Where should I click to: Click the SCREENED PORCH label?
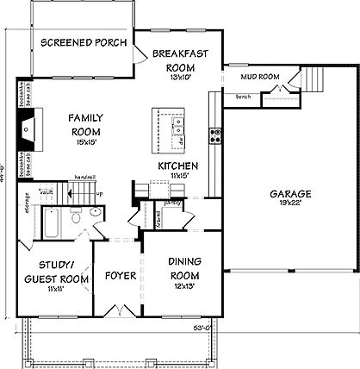84,42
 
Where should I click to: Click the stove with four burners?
215,134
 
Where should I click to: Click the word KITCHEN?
178,166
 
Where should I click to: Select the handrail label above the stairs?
83,177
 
